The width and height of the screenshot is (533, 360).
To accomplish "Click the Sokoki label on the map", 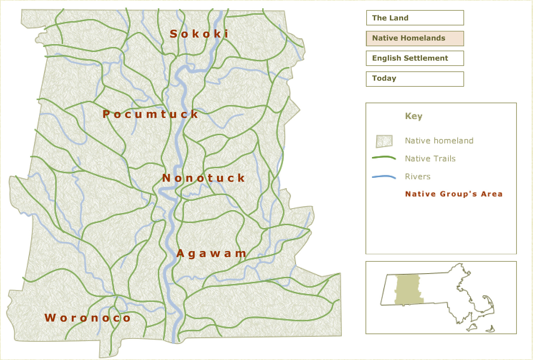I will point(199,34).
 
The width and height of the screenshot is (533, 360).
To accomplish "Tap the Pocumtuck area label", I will point(150,114).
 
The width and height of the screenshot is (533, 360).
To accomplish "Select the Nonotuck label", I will point(203,178).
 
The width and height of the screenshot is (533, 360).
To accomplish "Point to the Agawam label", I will point(211,254).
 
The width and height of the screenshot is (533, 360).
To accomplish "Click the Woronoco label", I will point(88,318).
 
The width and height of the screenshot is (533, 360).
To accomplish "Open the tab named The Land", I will point(415,18).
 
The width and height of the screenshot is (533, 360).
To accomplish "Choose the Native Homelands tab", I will point(415,38).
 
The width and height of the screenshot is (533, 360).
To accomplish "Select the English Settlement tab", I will point(415,58).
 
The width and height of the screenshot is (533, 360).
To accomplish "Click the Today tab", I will point(415,79).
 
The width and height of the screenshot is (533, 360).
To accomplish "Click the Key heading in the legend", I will point(414,116).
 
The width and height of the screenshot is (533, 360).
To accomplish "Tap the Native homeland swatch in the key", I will point(384,141).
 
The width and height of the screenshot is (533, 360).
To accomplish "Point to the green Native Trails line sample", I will point(384,158).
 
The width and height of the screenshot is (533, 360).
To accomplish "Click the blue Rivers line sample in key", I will point(384,177).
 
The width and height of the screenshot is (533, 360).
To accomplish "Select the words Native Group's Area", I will point(454,194).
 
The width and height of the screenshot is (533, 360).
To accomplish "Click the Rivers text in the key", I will point(418,176).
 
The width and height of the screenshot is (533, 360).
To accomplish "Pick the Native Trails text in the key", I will point(430,158).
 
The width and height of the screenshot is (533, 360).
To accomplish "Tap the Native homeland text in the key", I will point(439,141).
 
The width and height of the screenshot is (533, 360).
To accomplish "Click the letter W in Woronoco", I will point(50,318).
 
